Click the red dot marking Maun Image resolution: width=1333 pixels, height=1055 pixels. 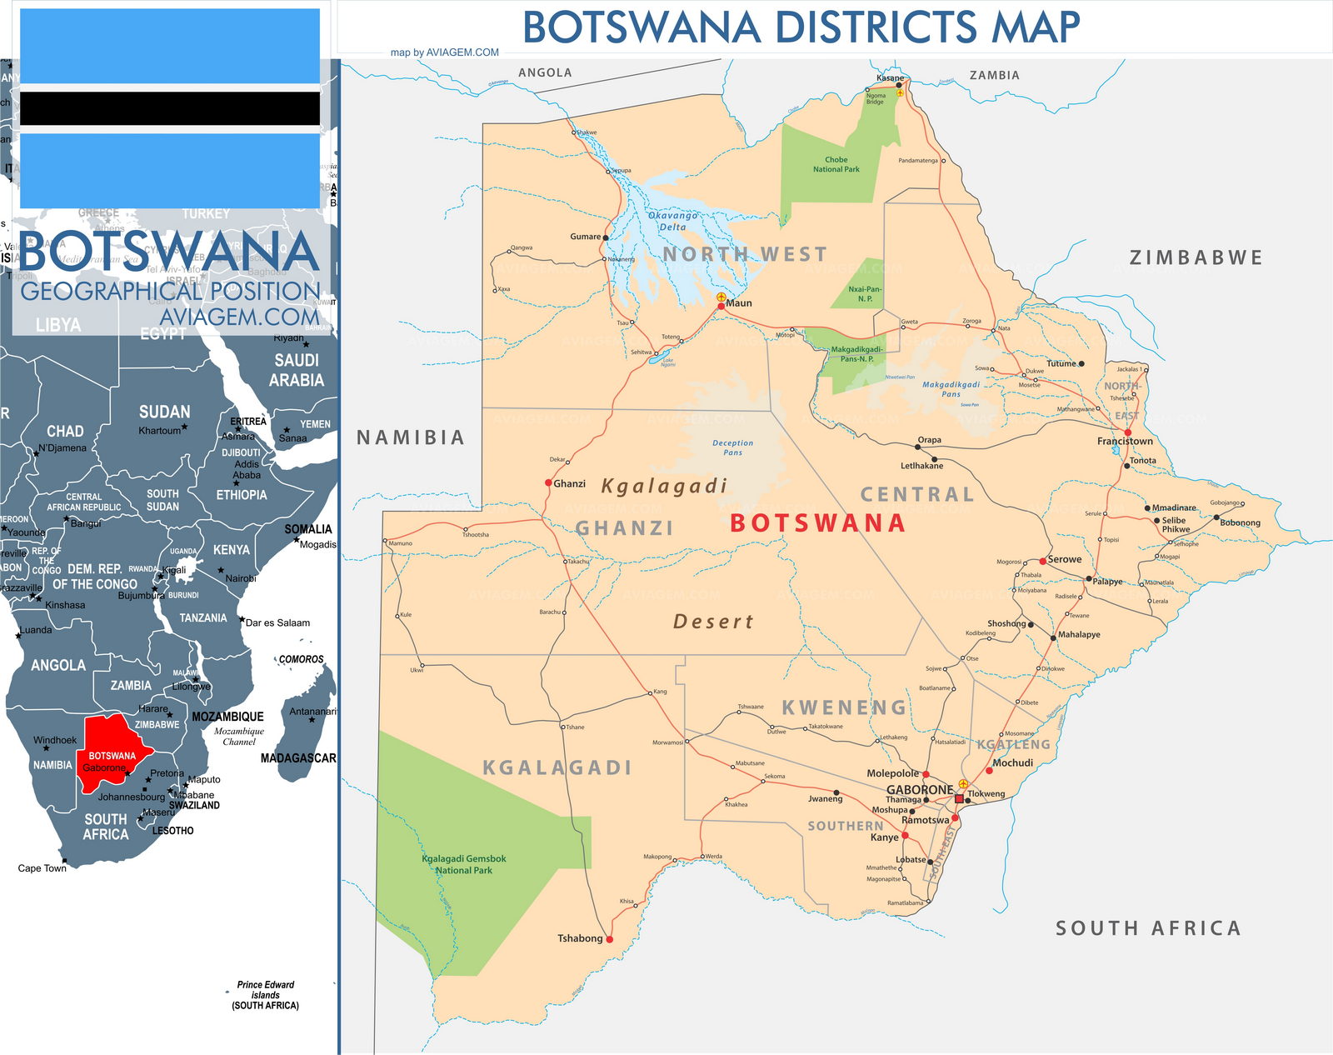721,307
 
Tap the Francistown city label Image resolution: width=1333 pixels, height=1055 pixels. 1125,442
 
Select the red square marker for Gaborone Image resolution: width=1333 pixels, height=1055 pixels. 959,798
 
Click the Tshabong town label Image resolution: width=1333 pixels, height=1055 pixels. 580,938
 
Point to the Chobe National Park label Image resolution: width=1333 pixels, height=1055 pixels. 836,164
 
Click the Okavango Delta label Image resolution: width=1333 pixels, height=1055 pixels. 672,221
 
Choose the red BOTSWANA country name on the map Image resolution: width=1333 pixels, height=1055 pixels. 817,523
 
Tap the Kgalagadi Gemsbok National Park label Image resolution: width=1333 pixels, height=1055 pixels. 464,864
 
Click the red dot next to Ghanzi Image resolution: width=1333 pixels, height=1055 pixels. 548,483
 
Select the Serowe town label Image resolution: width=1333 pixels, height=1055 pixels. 1065,559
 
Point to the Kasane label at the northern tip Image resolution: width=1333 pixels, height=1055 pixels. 890,77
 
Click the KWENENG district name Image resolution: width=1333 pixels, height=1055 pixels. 844,707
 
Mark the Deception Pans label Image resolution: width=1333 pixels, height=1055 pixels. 732,447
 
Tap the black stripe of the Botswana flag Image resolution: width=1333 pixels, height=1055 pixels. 170,108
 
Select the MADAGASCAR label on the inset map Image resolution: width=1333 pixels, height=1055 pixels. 298,758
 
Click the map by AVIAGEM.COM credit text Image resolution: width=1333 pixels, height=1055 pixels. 445,52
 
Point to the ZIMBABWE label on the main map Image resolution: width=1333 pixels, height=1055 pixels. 1196,257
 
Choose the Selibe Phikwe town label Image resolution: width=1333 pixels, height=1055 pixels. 1176,524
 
